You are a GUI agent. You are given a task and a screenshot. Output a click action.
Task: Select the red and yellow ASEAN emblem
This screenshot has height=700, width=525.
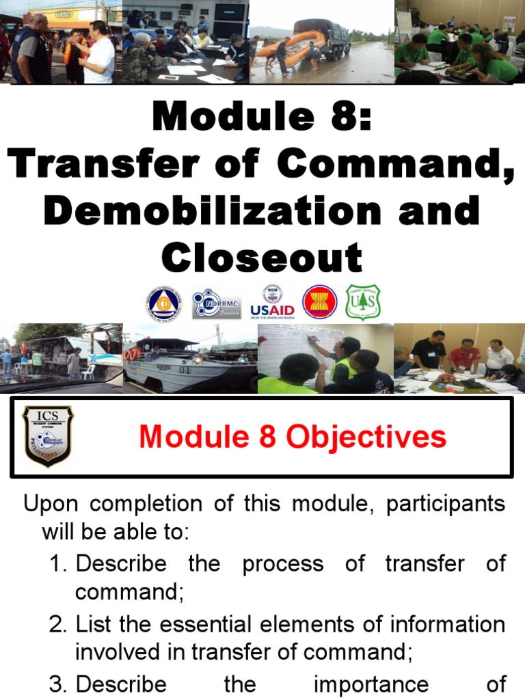click(x=320, y=302)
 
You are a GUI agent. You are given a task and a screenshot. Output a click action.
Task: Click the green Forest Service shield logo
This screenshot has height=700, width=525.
click(x=363, y=302)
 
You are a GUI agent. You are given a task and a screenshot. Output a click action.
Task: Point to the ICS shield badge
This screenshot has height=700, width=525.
click(x=48, y=436)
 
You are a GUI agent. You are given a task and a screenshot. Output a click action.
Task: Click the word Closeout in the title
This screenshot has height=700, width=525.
click(x=262, y=258)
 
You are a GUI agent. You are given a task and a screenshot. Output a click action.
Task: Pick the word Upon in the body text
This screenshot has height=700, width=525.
click(x=51, y=504)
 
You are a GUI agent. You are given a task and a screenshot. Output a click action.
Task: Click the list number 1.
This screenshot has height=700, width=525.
click(x=57, y=565)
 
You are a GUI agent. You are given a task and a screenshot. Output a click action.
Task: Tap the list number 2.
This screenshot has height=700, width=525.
click(x=57, y=625)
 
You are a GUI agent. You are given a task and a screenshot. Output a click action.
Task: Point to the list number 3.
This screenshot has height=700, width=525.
click(x=57, y=684)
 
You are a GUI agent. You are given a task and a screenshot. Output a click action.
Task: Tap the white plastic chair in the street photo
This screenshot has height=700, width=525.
click(x=88, y=371)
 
